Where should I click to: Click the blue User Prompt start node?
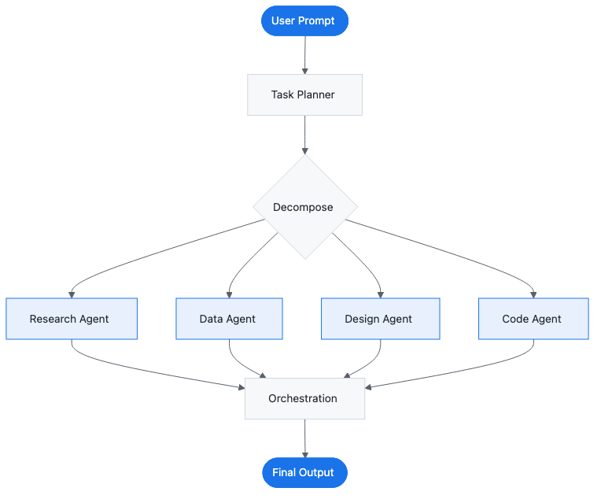point(304,20)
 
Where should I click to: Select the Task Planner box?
point(304,94)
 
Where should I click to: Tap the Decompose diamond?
point(304,207)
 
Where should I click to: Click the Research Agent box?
point(72,319)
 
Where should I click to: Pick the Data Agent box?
point(229,319)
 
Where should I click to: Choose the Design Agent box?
point(380,319)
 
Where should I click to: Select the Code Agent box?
point(533,319)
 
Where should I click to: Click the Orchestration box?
point(304,398)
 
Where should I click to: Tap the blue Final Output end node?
point(304,472)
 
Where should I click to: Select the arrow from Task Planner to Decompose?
point(304,134)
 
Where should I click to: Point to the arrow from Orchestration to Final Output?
point(304,438)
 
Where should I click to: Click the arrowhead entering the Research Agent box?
point(72,294)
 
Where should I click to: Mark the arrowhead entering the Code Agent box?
point(534,294)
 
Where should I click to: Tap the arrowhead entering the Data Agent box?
point(229,294)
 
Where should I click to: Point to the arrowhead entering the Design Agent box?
point(381,294)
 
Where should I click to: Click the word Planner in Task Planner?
point(315,94)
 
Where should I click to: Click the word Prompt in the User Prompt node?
point(317,20)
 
